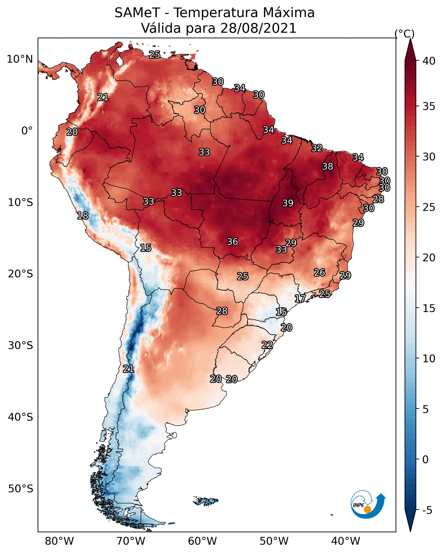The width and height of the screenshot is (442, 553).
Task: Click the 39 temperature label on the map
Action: pyautogui.click(x=288, y=203)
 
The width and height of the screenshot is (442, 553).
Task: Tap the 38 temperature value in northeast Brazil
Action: pyautogui.click(x=328, y=166)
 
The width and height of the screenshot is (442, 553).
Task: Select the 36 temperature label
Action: pyautogui.click(x=232, y=242)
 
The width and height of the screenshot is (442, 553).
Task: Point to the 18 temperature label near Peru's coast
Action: pyautogui.click(x=83, y=216)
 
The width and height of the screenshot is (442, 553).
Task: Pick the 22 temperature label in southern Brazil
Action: pyautogui.click(x=267, y=345)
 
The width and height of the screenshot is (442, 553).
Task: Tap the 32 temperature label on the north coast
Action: pyautogui.click(x=317, y=148)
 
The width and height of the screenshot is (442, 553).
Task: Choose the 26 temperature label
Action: pyautogui.click(x=319, y=273)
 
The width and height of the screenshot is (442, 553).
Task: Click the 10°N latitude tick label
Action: pyautogui.click(x=20, y=59)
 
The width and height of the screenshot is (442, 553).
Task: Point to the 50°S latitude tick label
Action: pyautogui.click(x=21, y=489)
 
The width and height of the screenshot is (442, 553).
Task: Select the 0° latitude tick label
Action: pyautogui.click(x=27, y=131)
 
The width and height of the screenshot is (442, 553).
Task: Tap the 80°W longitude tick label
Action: pyautogui.click(x=59, y=541)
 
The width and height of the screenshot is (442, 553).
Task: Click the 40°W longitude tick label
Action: pyautogui.click(x=346, y=541)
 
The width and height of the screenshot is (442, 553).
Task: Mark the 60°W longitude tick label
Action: pyautogui.click(x=203, y=541)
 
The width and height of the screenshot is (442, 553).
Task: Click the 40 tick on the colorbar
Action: pyautogui.click(x=429, y=61)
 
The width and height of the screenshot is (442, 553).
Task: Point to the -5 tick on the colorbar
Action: pyautogui.click(x=427, y=510)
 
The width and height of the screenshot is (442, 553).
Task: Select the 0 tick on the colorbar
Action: pyautogui.click(x=425, y=460)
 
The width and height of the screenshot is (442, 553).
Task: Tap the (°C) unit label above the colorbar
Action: pyautogui.click(x=404, y=34)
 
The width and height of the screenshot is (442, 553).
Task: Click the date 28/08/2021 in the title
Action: pyautogui.click(x=258, y=28)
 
